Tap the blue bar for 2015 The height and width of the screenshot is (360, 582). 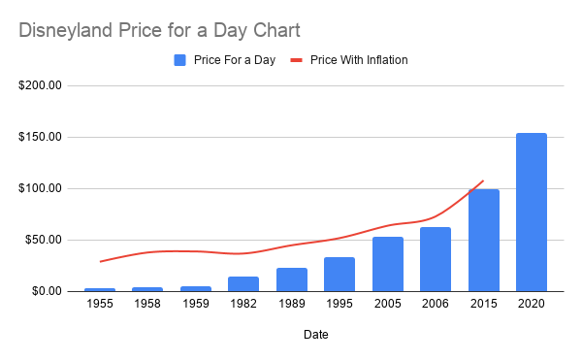click(483, 240)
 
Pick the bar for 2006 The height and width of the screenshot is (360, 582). click(436, 259)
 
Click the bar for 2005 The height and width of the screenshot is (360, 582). click(387, 264)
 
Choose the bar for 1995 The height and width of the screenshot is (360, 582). click(339, 274)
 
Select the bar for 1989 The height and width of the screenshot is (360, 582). click(291, 279)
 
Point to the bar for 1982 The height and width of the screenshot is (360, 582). click(243, 283)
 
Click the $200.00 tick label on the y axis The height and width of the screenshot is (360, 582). click(41, 85)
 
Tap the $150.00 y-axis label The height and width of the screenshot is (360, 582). click(41, 137)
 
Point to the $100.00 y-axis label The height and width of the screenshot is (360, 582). click(41, 188)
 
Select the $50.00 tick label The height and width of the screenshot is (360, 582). click(44, 240)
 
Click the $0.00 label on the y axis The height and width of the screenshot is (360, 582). click(47, 291)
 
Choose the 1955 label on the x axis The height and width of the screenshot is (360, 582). click(99, 306)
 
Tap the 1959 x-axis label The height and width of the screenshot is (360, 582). click(195, 306)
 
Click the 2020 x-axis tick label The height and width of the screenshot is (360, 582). click(532, 306)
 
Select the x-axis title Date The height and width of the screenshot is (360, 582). click(315, 337)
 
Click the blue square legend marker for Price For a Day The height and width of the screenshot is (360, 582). click(179, 60)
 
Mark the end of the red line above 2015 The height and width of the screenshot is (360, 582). click(483, 180)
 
